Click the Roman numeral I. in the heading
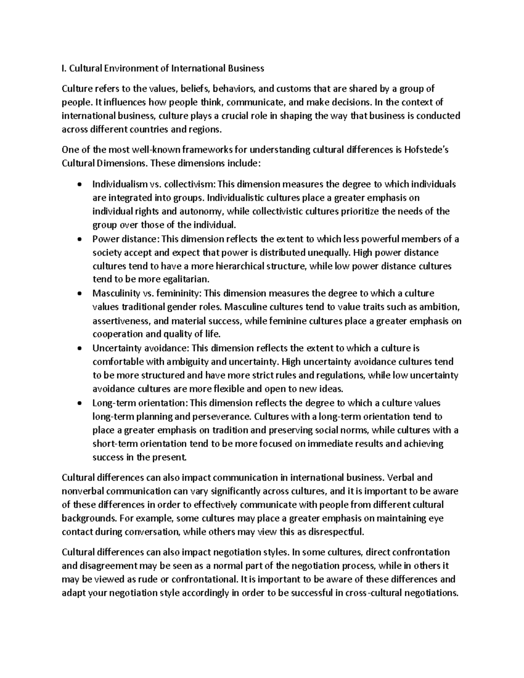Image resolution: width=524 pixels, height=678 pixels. (64, 68)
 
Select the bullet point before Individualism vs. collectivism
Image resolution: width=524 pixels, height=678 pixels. (78, 185)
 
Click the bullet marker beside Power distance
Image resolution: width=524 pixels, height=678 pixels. (78, 240)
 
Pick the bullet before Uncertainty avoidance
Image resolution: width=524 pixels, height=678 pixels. (78, 349)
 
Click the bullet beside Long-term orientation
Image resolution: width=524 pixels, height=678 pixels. (78, 403)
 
